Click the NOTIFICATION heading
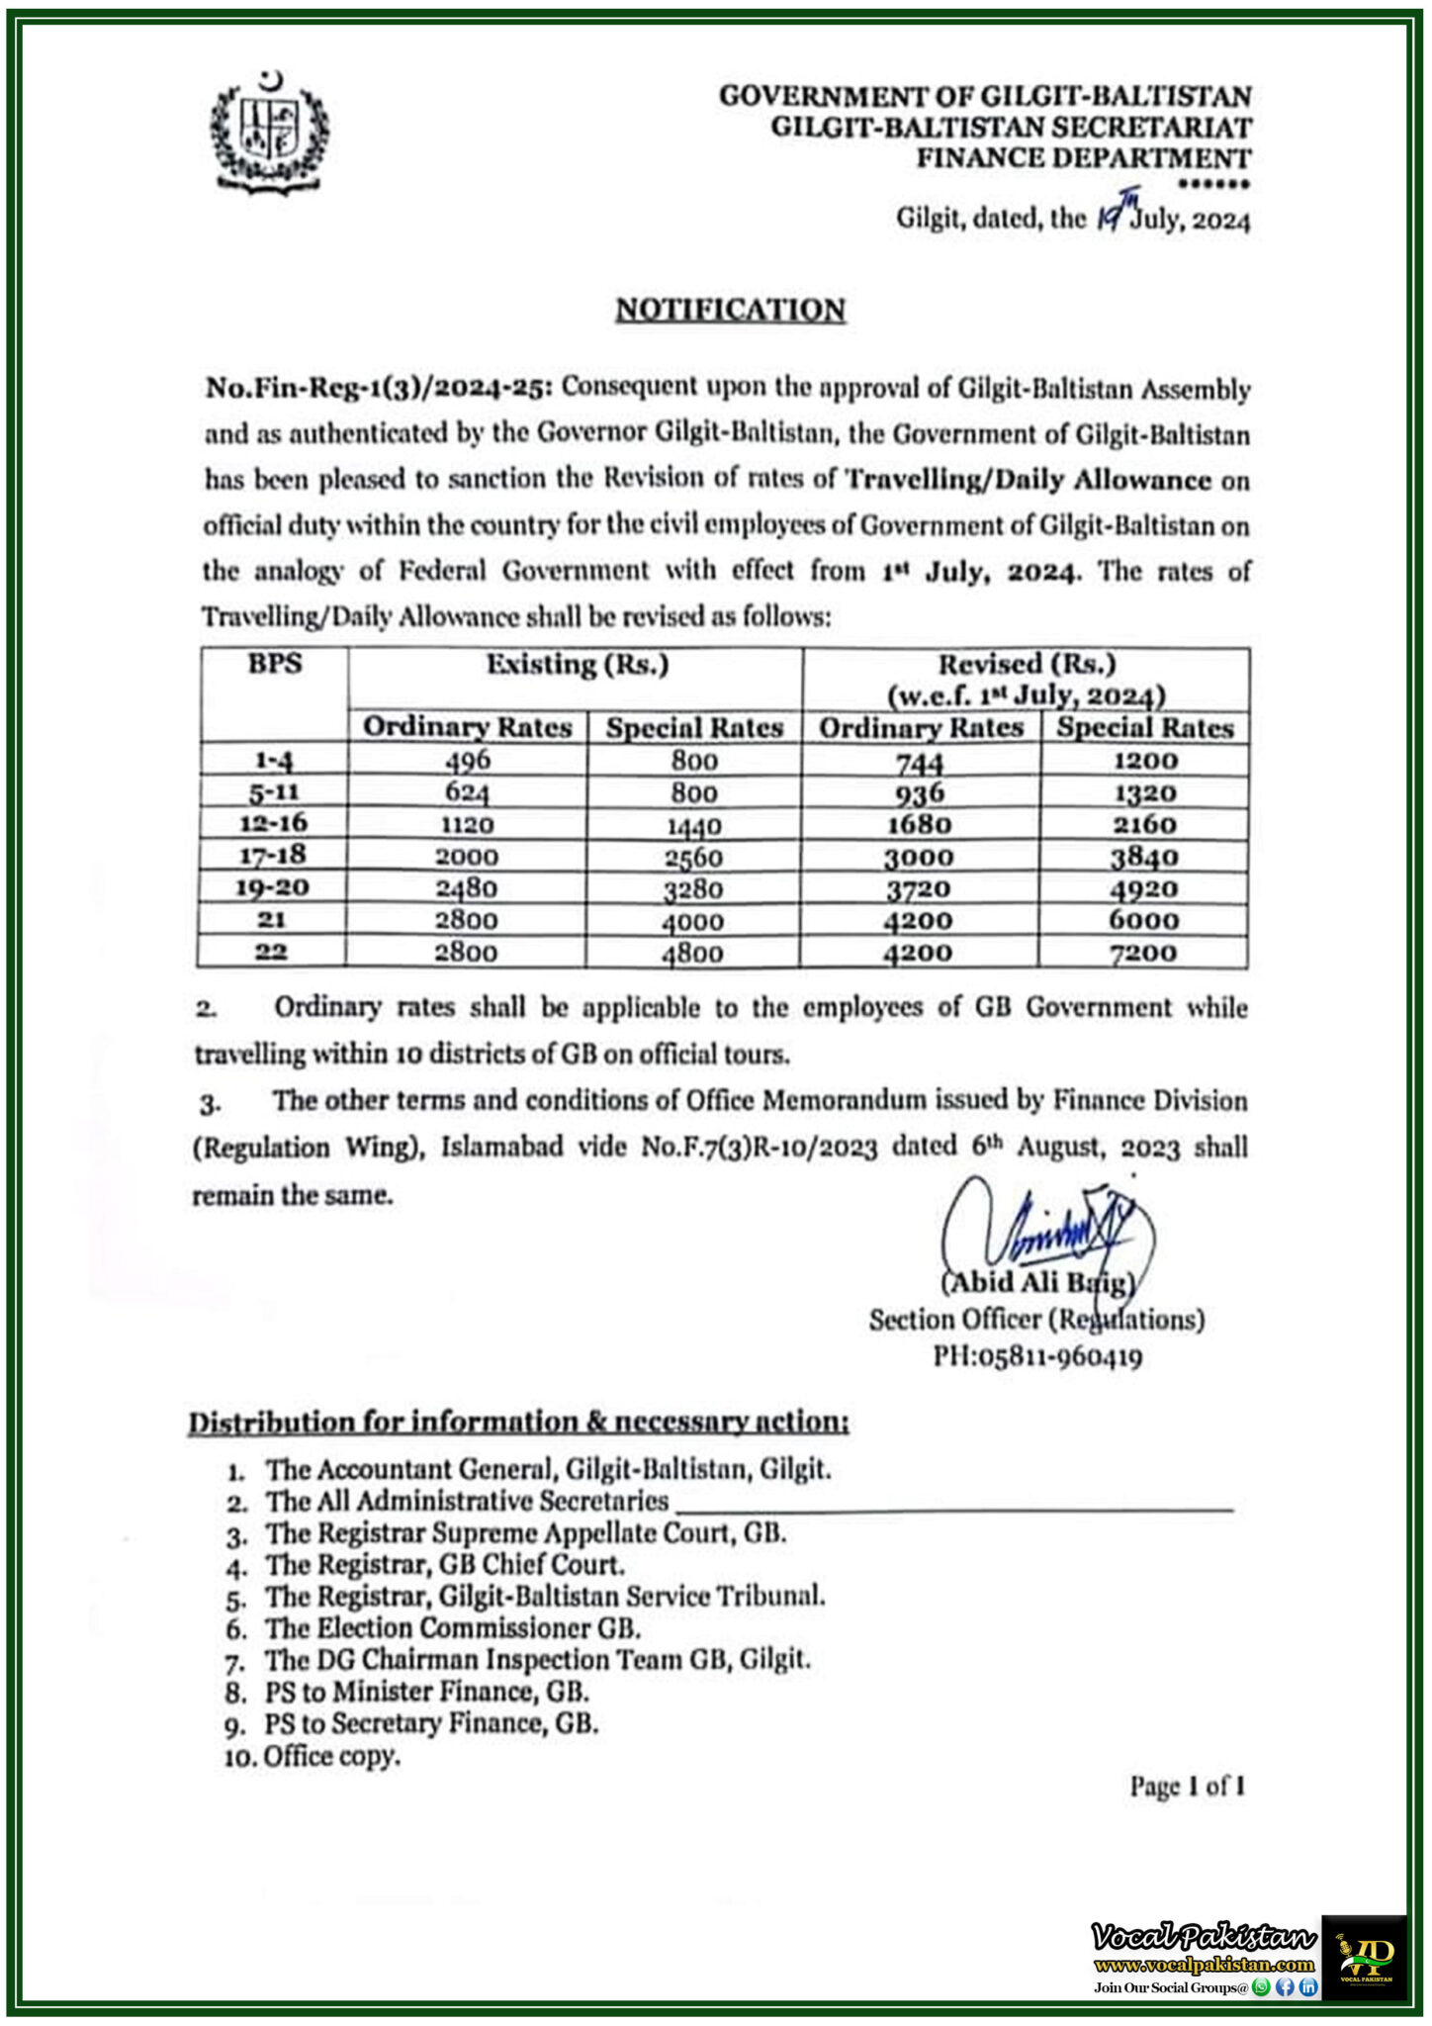[731, 310]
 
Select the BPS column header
[275, 664]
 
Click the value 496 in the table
[468, 760]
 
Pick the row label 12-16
[272, 823]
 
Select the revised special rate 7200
[1143, 953]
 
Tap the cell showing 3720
[919, 888]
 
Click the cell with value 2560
[693, 857]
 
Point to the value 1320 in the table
[1143, 792]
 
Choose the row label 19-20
[272, 887]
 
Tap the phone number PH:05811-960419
[1037, 1356]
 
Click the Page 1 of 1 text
[1187, 1786]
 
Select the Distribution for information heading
[518, 1422]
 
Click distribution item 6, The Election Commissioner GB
[452, 1628]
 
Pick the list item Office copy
[331, 1756]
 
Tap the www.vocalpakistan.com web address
[1204, 1965]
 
